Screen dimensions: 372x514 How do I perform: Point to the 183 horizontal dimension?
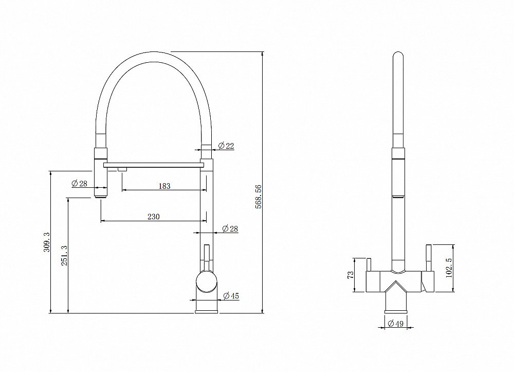164,186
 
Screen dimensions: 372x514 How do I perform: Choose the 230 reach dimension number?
154,217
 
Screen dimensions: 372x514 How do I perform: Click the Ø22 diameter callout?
226,146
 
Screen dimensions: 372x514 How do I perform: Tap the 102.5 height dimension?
448,268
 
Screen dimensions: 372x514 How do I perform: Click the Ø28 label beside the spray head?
79,184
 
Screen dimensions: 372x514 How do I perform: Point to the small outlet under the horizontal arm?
122,169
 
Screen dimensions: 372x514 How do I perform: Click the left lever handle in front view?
368,262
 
